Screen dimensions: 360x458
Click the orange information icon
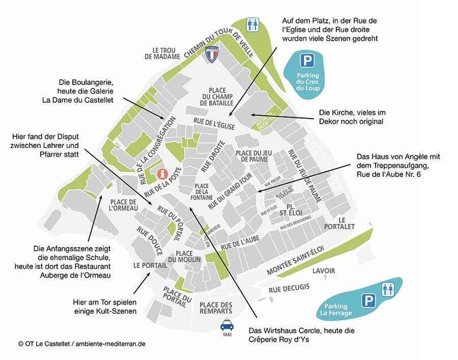[162, 174]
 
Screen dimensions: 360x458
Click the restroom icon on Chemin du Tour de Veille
[252, 24]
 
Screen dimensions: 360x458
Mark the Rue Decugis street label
[289, 288]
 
